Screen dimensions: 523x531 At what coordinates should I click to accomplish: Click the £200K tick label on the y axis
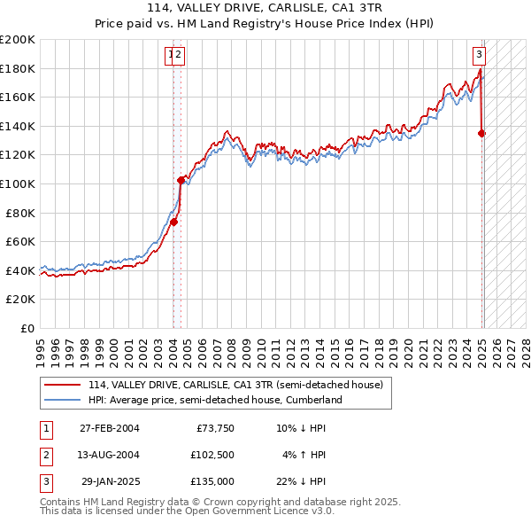18,40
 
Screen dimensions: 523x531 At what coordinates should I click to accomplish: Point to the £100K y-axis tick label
18,183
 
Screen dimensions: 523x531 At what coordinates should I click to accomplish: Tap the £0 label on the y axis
28,328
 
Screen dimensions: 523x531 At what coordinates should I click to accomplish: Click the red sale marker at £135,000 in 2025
482,134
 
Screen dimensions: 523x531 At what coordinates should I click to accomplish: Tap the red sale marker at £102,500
181,180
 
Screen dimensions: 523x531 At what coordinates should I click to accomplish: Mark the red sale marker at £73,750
174,222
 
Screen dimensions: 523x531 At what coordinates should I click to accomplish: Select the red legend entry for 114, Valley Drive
235,385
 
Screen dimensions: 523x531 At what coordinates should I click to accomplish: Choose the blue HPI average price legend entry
215,400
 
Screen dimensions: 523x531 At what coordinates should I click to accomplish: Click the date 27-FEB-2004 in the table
109,429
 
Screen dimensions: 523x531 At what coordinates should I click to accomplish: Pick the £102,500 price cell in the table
212,455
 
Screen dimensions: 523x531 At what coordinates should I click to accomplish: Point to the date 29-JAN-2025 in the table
110,481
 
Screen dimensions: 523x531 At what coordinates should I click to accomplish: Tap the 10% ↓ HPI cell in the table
302,429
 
